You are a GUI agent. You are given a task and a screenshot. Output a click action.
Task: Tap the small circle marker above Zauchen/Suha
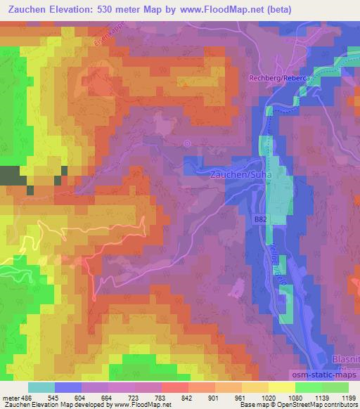[x=187, y=143]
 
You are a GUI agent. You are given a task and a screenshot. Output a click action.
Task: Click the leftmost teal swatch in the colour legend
[x=41, y=387]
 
